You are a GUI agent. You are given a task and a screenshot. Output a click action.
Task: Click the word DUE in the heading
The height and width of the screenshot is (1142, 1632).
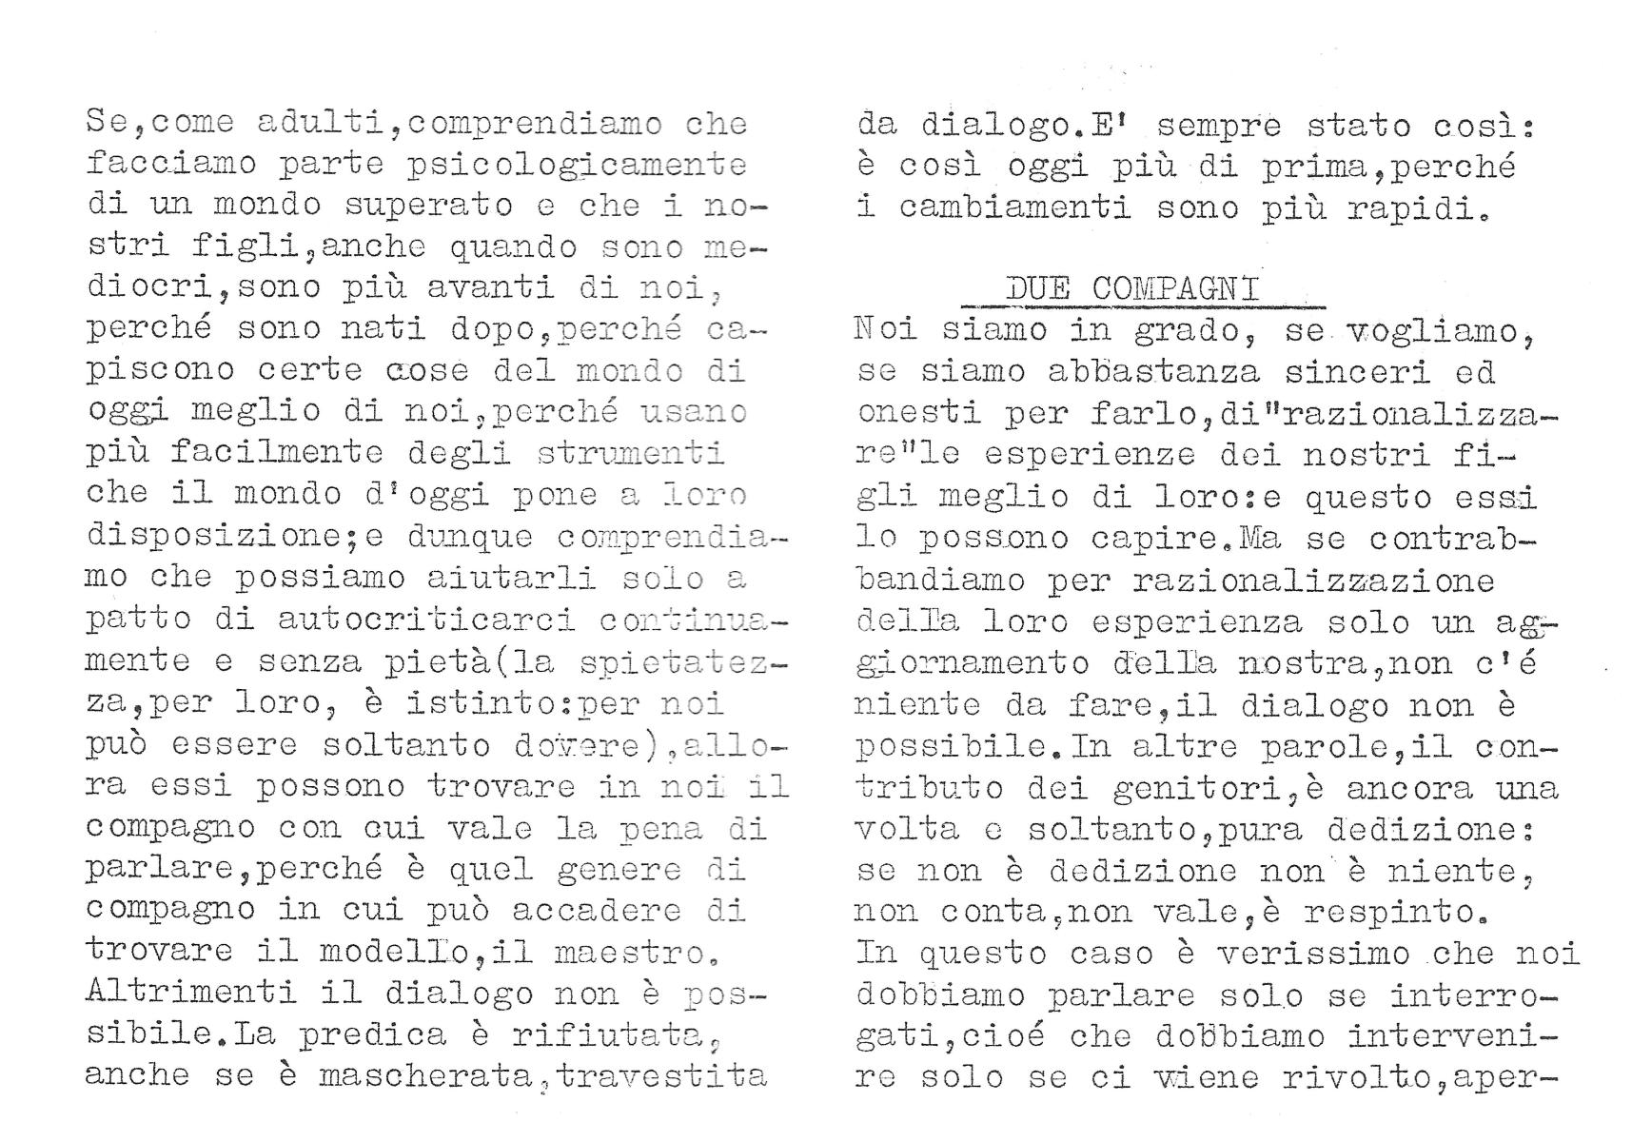(1037, 288)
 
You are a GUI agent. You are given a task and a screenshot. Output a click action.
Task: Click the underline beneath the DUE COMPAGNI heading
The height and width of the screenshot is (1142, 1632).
(1142, 307)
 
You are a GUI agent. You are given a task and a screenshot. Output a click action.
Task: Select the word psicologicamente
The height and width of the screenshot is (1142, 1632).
(577, 165)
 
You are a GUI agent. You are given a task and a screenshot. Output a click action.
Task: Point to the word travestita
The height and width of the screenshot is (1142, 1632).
(662, 1076)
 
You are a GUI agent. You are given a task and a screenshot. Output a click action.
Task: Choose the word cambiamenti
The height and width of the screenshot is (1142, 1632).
(1014, 207)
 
